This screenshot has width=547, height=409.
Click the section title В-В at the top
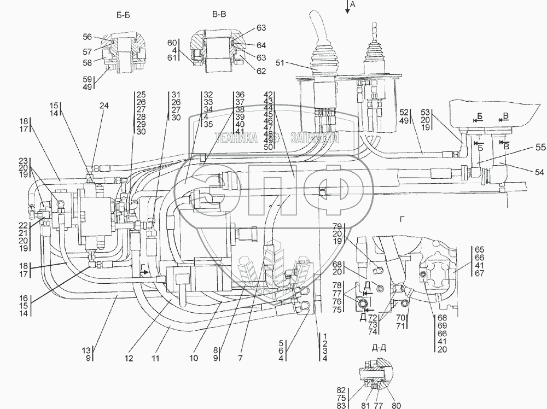219,15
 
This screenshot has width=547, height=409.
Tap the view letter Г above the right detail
403,219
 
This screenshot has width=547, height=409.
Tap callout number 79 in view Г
337,226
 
